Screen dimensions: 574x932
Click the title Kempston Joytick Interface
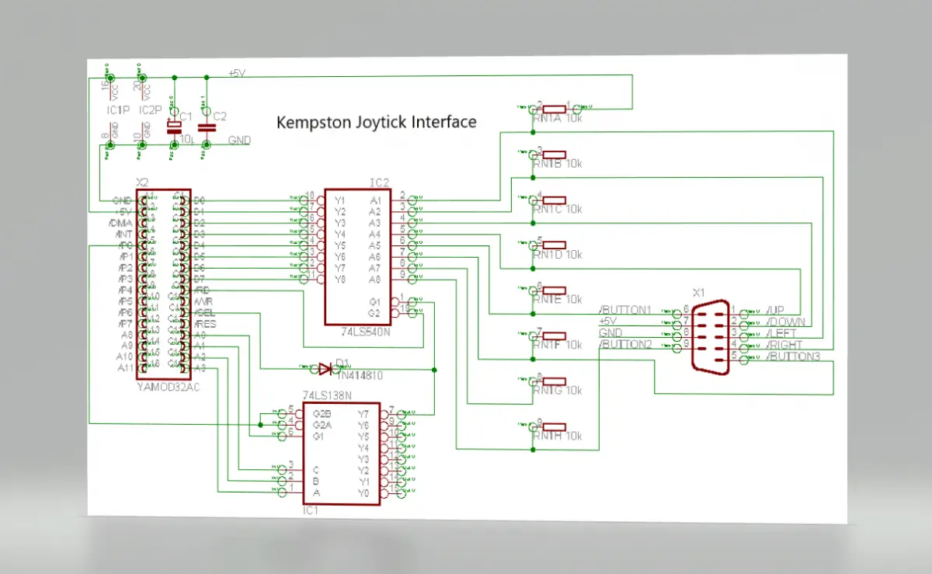point(377,122)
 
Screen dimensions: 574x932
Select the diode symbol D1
point(325,369)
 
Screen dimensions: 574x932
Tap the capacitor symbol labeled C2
point(207,127)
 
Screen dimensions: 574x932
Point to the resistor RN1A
point(554,110)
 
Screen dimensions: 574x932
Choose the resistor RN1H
point(554,427)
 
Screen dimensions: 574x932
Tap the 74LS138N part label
point(327,395)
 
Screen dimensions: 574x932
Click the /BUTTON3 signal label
point(792,357)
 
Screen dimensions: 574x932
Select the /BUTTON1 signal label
point(624,309)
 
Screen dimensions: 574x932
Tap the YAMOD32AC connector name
point(166,386)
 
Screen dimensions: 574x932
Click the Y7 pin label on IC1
point(363,413)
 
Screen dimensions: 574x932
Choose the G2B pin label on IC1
point(322,413)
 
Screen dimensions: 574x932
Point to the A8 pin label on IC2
point(374,278)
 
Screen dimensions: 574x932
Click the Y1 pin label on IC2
point(339,200)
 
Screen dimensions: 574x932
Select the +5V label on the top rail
point(237,73)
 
